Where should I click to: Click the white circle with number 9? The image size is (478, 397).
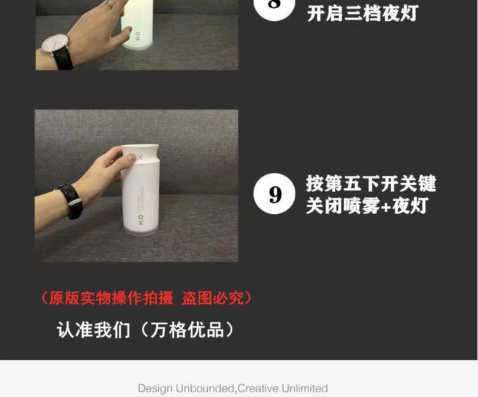(275, 194)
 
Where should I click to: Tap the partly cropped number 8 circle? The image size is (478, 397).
(274, 7)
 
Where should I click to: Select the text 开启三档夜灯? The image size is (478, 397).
(362, 13)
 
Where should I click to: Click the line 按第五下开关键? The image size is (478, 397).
(371, 183)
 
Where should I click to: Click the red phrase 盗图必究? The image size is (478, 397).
(212, 298)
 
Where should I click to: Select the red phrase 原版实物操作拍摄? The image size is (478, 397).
(111, 298)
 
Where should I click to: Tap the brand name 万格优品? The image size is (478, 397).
(188, 330)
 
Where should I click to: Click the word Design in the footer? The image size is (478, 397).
(155, 388)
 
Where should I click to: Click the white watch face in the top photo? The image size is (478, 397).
(53, 43)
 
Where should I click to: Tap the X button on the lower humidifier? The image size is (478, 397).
(140, 157)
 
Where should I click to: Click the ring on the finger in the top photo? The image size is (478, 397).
(110, 3)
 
